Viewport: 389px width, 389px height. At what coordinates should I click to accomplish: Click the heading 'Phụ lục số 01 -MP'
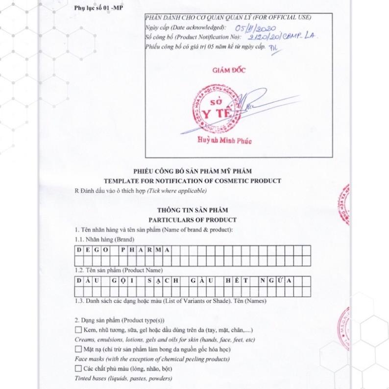(97, 8)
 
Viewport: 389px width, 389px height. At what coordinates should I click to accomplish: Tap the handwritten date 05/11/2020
(256, 28)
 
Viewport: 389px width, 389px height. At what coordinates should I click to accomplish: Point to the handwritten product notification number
(282, 37)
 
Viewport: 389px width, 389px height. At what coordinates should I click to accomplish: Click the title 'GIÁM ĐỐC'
(229, 70)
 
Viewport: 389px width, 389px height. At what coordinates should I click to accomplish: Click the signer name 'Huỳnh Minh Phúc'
(224, 141)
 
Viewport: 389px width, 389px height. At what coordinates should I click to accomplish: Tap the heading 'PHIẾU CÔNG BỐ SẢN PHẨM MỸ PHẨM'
(192, 171)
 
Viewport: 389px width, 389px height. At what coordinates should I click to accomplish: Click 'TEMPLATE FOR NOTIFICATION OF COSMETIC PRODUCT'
(192, 181)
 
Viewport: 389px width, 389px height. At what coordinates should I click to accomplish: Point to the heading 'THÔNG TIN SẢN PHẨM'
(192, 210)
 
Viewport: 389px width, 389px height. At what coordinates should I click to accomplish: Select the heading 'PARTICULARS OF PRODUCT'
(192, 220)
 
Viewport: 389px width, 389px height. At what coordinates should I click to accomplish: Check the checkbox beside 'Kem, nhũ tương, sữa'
(78, 330)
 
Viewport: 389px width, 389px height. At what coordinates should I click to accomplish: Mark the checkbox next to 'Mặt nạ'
(78, 349)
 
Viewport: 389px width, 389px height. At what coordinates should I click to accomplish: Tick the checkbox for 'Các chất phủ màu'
(78, 368)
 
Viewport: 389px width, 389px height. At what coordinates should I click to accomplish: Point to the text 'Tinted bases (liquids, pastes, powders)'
(123, 378)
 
